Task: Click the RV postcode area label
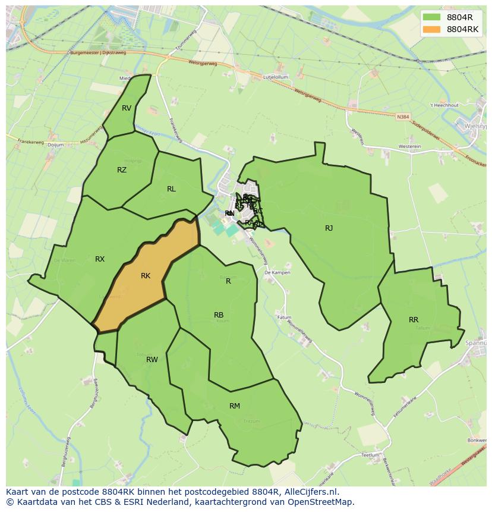[x=127, y=108]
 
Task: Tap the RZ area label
[x=122, y=170]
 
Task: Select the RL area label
[x=171, y=189]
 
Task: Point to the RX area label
[x=100, y=259]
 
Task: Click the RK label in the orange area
[x=146, y=276]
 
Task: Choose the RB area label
[x=219, y=315]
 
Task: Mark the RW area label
[x=152, y=360]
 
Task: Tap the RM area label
[x=235, y=406]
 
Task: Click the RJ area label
[x=329, y=228]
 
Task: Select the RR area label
[x=414, y=320]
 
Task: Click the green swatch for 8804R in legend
[x=432, y=17]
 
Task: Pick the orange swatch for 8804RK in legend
[x=432, y=29]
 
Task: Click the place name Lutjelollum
[x=276, y=77]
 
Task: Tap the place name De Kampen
[x=277, y=272]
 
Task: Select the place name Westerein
[x=409, y=146]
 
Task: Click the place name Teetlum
[x=370, y=455]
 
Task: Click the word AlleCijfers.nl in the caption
[x=309, y=492]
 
